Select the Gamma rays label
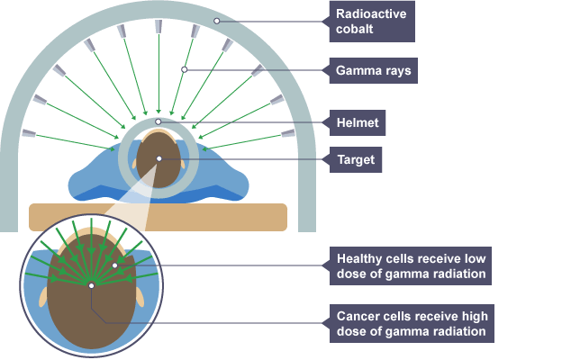tap(370, 69)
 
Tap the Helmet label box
tap(357, 121)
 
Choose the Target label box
tap(354, 159)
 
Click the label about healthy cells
tap(409, 265)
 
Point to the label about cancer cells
tap(409, 322)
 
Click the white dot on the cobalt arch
tap(215, 19)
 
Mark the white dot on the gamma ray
tap(184, 69)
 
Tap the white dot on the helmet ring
tap(159, 121)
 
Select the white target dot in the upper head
tap(159, 159)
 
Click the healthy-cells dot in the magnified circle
tap(114, 265)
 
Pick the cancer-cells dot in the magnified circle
tap(91, 285)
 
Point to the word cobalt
tap(355, 30)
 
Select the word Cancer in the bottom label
tap(358, 314)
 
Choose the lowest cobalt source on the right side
tap(287, 133)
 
